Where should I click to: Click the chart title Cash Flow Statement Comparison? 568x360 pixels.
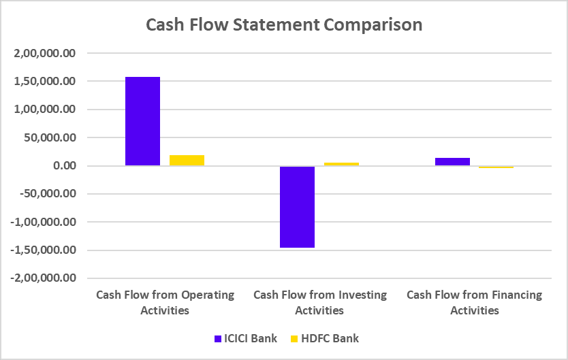(x=284, y=25)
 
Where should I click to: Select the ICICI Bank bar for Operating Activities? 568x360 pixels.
(x=142, y=121)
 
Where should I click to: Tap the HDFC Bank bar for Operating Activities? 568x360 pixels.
(x=187, y=161)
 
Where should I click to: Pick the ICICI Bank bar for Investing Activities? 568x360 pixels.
(x=297, y=207)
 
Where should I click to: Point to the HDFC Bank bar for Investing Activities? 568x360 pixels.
(x=341, y=164)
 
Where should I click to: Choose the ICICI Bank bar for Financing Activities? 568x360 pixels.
(x=452, y=162)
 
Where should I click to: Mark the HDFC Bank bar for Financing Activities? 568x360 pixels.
(x=496, y=167)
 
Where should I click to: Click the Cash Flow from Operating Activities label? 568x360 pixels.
(x=165, y=303)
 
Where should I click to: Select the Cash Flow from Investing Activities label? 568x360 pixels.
(x=319, y=303)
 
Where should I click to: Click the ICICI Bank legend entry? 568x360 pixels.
(x=245, y=338)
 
